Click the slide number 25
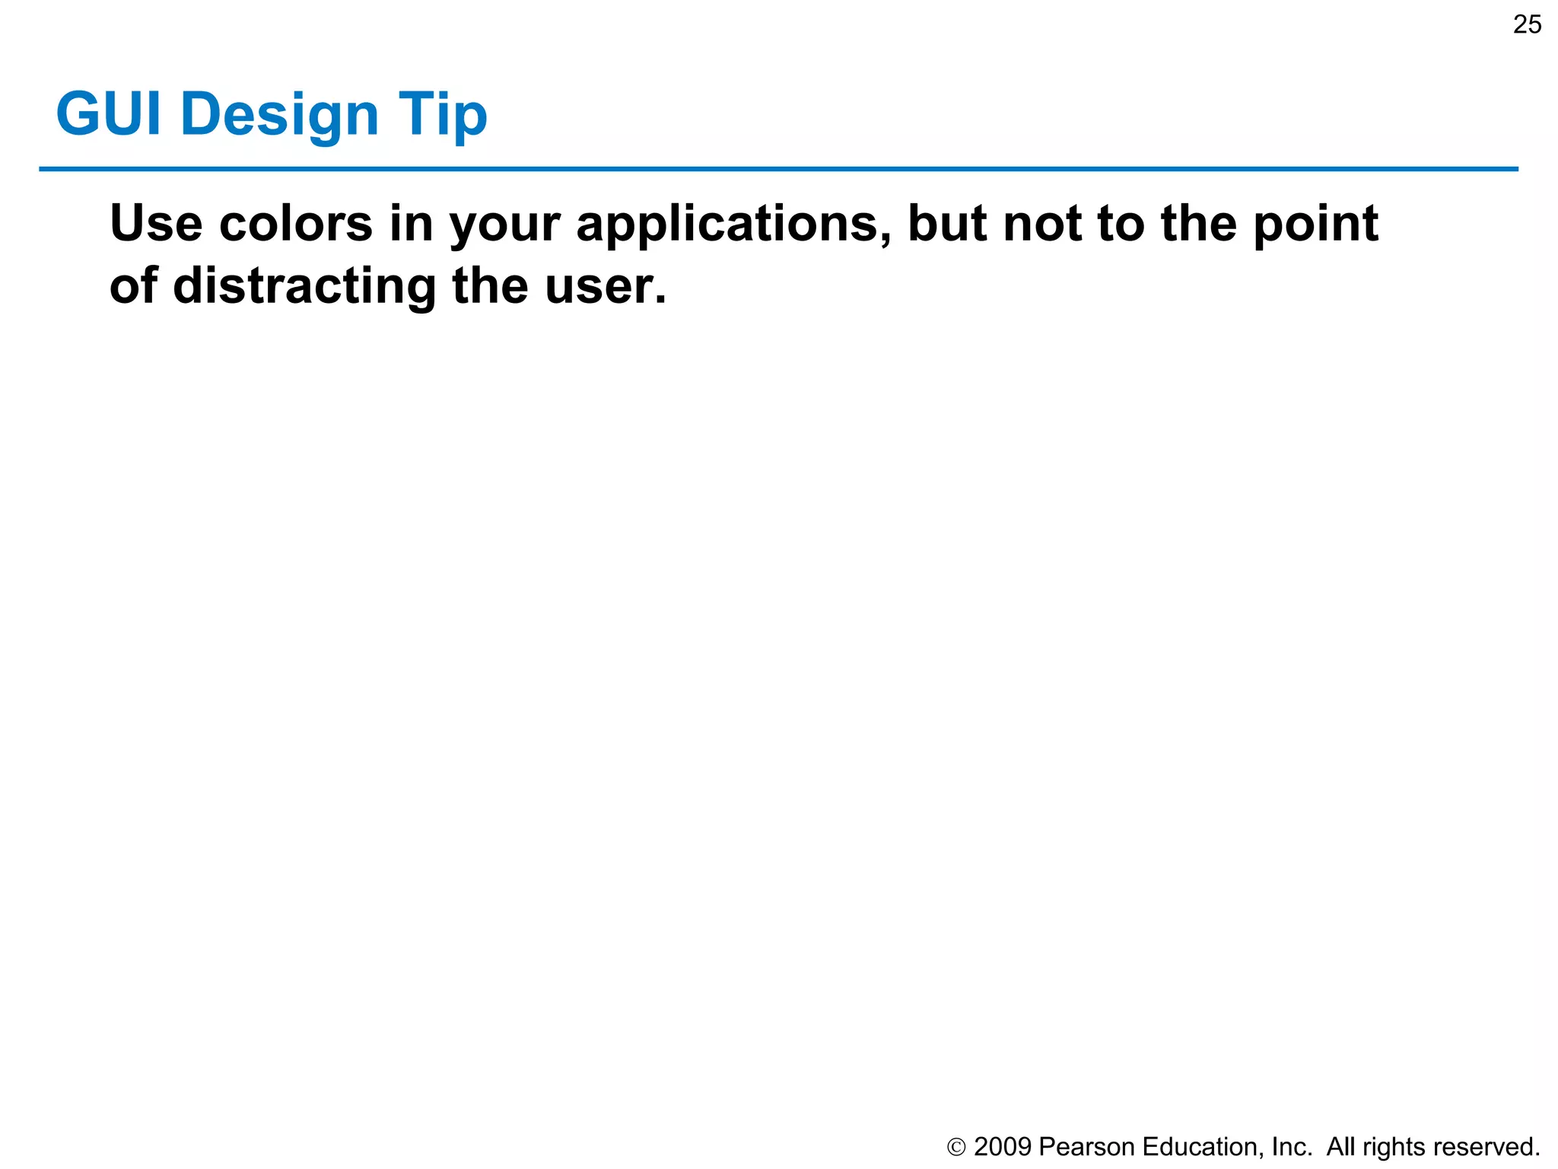pos(1527,25)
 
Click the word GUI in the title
pos(109,114)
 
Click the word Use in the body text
pos(156,224)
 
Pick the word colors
pos(296,224)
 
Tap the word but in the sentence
pos(946,224)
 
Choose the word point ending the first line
pos(1315,225)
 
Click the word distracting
pos(304,288)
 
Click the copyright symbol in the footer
pos(956,1147)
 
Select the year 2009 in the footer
pos(1002,1147)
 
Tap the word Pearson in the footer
pos(1086,1147)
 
